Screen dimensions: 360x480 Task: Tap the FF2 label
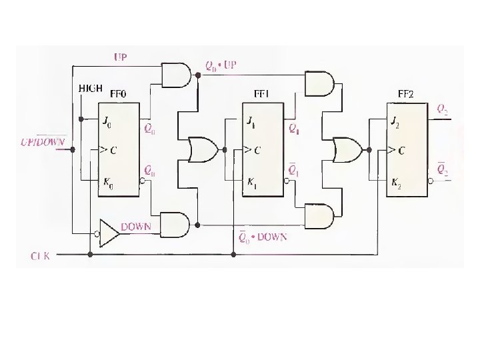[406, 94]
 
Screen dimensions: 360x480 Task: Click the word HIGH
[90, 88]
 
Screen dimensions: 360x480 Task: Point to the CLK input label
[41, 255]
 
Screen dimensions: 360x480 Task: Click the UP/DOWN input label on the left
[43, 142]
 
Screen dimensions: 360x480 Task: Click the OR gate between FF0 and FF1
[201, 150]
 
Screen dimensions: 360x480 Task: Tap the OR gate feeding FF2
[347, 149]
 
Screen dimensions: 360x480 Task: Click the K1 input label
[251, 181]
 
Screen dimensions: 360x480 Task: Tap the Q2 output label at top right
[443, 107]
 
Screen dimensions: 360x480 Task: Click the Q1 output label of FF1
[294, 131]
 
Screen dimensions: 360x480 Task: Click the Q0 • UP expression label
[221, 67]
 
